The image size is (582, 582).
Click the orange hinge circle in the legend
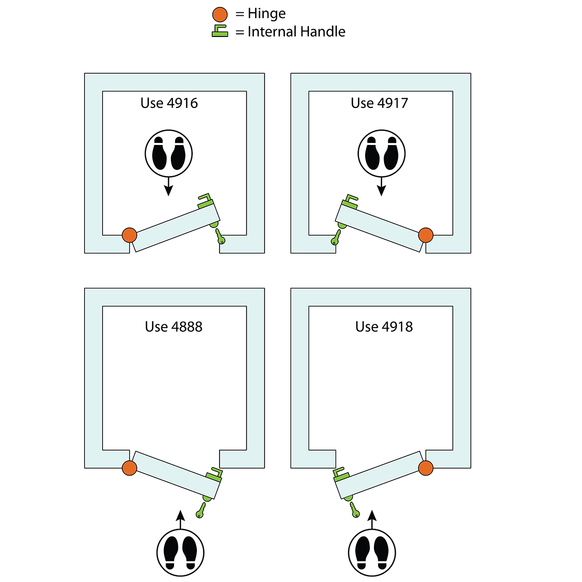click(220, 14)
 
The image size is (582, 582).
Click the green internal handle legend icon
click(220, 32)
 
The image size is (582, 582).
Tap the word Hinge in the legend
click(267, 14)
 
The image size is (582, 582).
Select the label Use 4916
click(169, 103)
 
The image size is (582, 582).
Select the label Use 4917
click(379, 103)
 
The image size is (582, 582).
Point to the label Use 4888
click(174, 327)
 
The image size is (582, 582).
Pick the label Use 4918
click(384, 327)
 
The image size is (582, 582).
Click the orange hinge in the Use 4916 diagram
click(130, 235)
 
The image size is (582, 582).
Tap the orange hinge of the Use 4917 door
click(426, 235)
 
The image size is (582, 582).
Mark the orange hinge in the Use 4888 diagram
click(130, 468)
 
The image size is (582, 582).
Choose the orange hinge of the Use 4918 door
click(426, 468)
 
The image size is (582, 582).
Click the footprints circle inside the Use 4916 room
click(169, 154)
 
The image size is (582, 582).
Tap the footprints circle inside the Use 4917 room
click(381, 154)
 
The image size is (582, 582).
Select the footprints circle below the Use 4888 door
click(180, 552)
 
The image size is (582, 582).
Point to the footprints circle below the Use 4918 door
click(372, 552)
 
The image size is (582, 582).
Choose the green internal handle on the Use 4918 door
click(339, 473)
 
